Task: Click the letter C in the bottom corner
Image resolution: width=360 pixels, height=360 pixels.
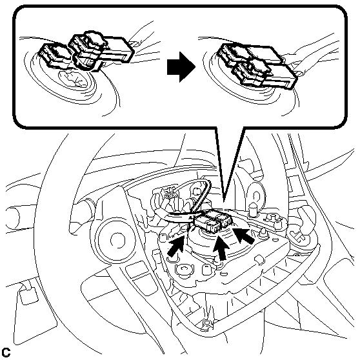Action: coord(6,352)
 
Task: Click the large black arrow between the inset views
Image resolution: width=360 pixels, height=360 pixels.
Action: coord(181,67)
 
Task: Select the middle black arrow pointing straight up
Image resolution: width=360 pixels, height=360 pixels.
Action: coord(221,248)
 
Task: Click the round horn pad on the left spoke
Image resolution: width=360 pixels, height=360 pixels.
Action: coord(116,240)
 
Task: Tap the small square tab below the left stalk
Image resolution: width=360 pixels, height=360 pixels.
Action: coord(30,295)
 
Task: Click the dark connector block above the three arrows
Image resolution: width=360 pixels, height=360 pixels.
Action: coord(214,221)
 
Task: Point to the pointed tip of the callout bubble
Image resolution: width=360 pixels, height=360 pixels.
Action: coord(224,201)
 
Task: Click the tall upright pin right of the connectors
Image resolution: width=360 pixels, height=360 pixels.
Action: coord(252,209)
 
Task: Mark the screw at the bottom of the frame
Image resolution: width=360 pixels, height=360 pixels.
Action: coord(207,324)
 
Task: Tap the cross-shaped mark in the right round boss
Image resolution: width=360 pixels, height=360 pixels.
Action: coord(298,237)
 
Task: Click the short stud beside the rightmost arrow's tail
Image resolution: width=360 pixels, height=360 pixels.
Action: coord(262,234)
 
